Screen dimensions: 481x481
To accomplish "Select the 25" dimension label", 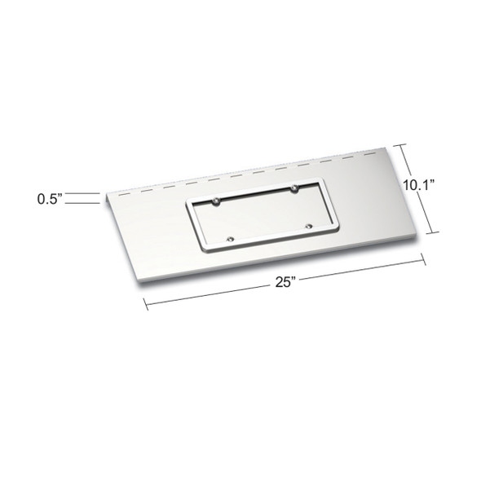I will (x=285, y=282).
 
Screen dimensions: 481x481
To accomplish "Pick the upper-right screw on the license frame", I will (x=293, y=190).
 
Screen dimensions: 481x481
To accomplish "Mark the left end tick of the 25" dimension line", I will (x=145, y=303).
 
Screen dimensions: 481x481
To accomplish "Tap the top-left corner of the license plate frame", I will (x=188, y=205).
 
